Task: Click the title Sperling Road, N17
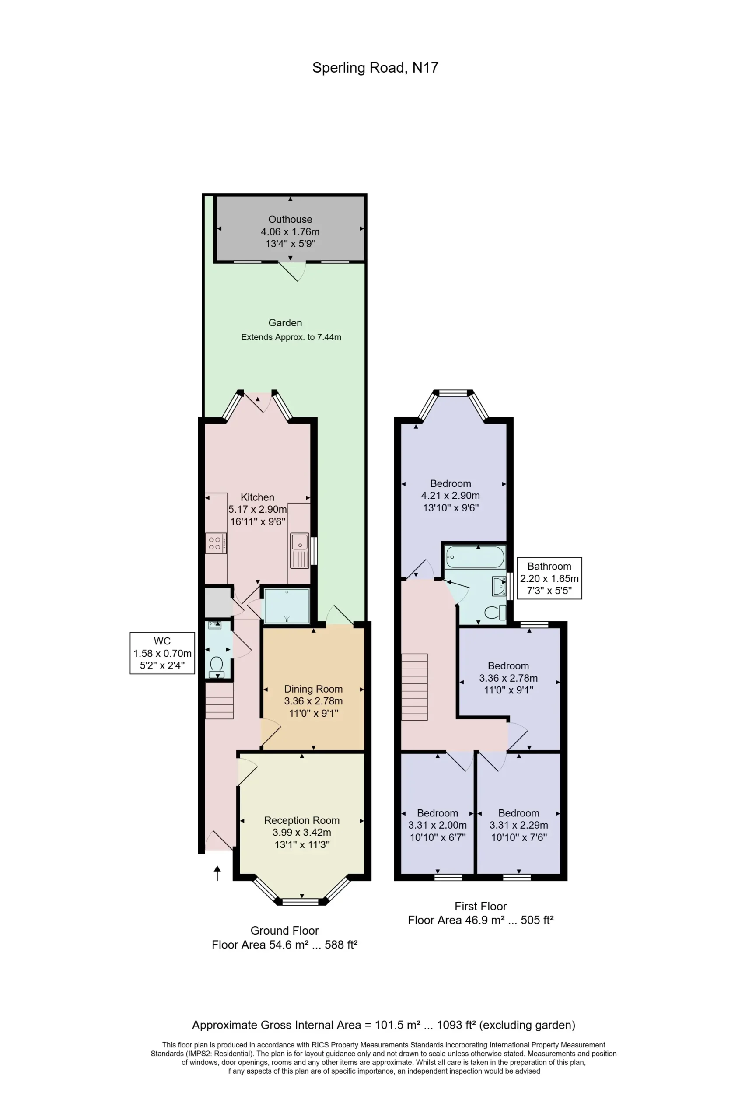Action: [375, 68]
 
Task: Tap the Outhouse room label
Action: [290, 219]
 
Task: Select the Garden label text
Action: [285, 323]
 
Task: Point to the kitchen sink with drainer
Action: [300, 550]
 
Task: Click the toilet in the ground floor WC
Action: [217, 666]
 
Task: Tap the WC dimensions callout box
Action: [162, 653]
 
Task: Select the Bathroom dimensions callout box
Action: [549, 578]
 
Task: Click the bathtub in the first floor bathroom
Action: [475, 557]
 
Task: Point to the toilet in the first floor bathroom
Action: [495, 612]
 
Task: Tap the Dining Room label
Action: [313, 689]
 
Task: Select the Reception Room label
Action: [301, 820]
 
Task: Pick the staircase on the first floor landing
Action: [414, 687]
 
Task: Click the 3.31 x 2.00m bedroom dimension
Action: [437, 825]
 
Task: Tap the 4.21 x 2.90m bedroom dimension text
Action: [451, 495]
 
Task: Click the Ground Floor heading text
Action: [284, 930]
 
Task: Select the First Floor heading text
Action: [480, 906]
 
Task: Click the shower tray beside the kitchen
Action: [287, 605]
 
